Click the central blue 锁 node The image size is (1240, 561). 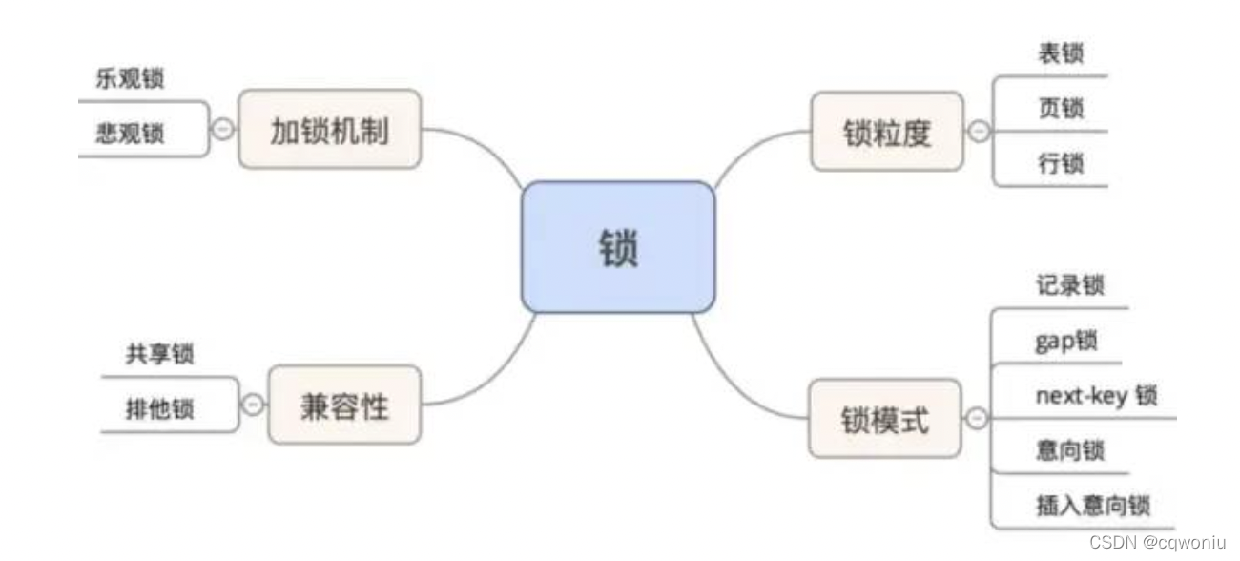click(x=618, y=247)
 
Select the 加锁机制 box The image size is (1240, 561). click(x=329, y=130)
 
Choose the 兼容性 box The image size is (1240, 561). click(x=344, y=405)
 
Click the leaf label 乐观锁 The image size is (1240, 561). click(x=130, y=79)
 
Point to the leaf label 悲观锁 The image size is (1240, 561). click(x=130, y=133)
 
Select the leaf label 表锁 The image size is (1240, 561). click(x=1061, y=54)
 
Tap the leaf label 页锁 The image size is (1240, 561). click(x=1061, y=109)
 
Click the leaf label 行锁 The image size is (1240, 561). click(x=1061, y=164)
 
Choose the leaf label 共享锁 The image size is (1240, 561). click(x=159, y=354)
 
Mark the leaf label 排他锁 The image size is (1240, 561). click(x=159, y=409)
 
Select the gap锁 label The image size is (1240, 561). click(x=1065, y=341)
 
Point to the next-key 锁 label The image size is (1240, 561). click(x=1095, y=395)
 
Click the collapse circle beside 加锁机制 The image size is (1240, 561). click(x=221, y=129)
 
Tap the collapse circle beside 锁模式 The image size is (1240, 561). click(x=976, y=418)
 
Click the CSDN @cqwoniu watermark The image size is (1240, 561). click(x=1156, y=541)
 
